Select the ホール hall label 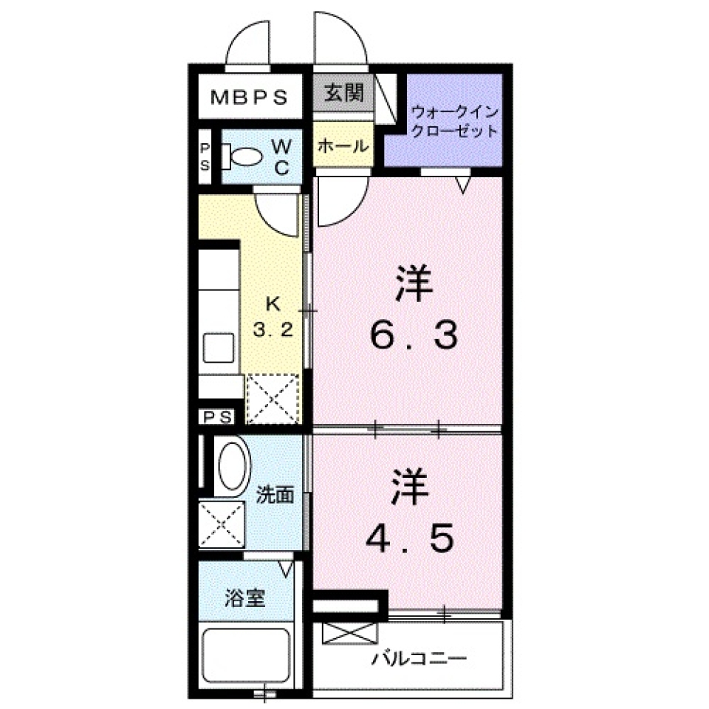(342, 146)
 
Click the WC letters (281, 157)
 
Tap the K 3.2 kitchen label (273, 316)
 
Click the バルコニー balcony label (419, 658)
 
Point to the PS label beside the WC (206, 157)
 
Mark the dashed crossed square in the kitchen (273, 399)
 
